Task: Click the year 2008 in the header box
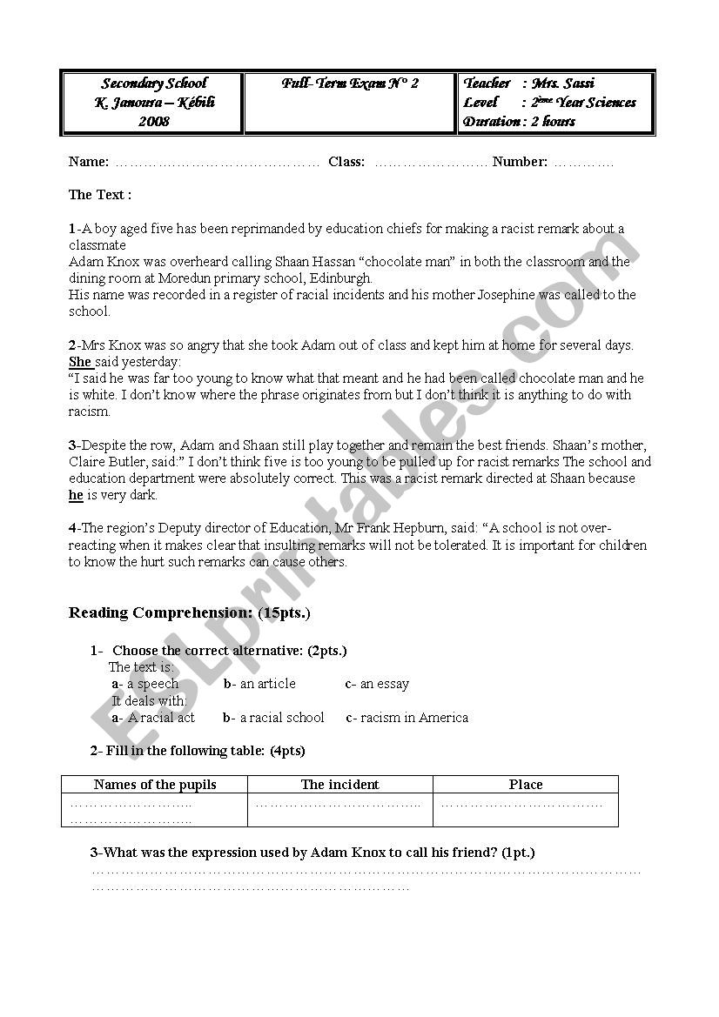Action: coord(153,122)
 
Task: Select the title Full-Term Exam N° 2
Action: coord(350,84)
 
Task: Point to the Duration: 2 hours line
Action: coord(520,122)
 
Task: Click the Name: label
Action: coord(89,162)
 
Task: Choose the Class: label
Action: coord(346,162)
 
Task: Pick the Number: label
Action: coord(520,162)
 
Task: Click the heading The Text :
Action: coord(100,195)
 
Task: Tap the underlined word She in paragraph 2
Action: coord(80,361)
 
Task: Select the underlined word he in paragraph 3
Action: coord(76,495)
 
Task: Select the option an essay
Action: coord(384,684)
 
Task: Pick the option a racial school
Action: coord(281,718)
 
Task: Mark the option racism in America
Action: coord(413,718)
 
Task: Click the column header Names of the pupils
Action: coord(155,785)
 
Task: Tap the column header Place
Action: coord(526,785)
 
